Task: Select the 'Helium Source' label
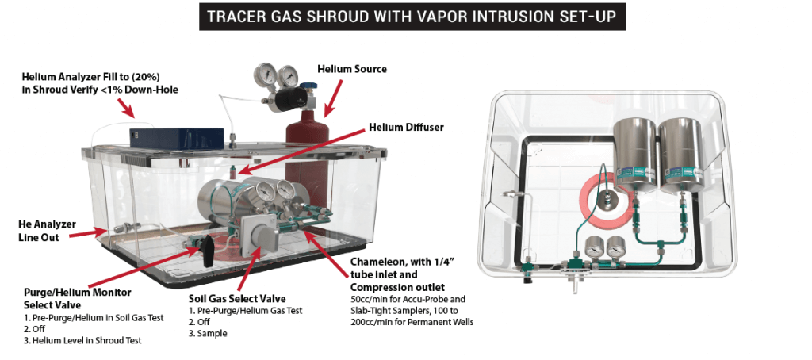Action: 352,70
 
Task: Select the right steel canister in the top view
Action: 684,151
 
